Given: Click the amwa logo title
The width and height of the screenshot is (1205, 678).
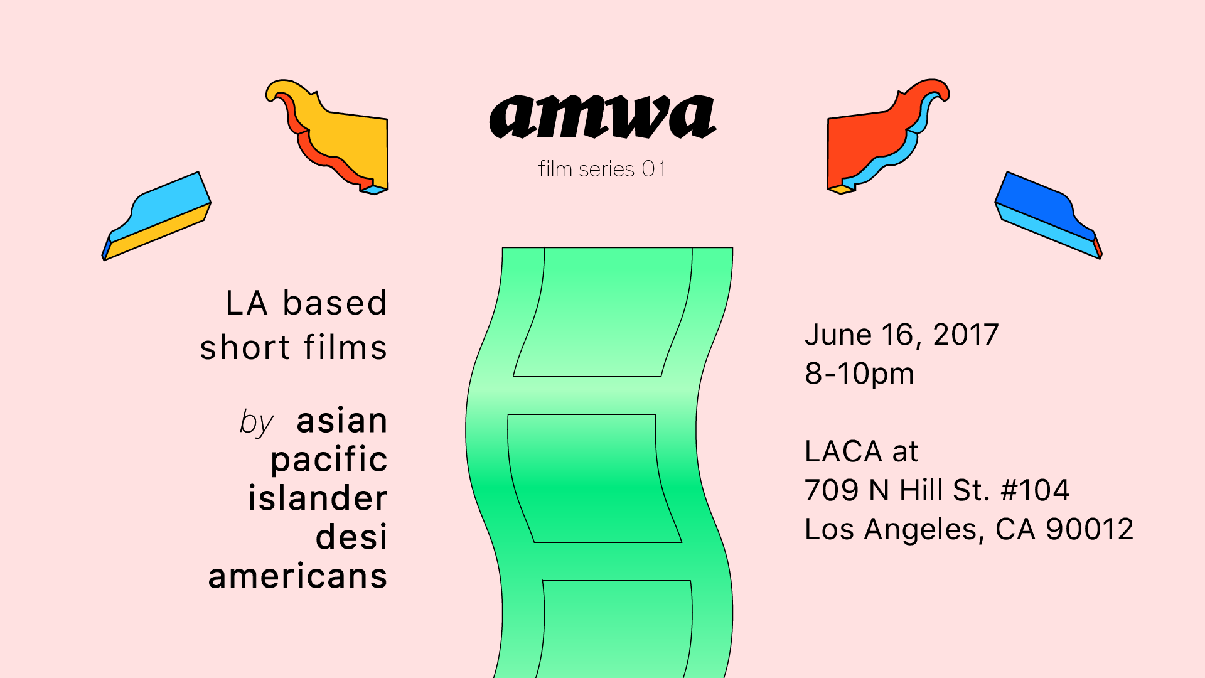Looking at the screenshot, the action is pos(602,117).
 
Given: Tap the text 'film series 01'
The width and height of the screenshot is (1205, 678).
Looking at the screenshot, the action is pos(602,169).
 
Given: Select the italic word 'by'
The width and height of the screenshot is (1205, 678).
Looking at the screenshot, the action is pos(256,422).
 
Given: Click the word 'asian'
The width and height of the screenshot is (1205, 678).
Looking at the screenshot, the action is pos(341,420).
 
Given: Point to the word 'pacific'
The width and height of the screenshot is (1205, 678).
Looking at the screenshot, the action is pos(329,460).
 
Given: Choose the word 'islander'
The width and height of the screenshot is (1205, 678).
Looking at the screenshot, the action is pos(318,498).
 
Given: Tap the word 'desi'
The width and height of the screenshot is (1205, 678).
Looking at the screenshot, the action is pos(351,537).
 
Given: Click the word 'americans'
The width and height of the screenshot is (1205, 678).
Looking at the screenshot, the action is pos(297,576).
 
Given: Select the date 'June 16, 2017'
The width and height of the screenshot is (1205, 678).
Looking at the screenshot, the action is pos(901,335).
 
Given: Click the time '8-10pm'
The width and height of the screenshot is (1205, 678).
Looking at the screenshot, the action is pos(859,374).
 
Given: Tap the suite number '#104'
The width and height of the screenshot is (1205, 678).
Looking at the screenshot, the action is pos(1035,490).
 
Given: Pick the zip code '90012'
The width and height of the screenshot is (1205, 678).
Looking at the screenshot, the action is pos(1090,529).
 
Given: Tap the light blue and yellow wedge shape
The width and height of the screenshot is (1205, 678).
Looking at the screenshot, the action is pos(156,216).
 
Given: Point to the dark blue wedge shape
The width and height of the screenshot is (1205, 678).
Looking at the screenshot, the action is pos(1049,215).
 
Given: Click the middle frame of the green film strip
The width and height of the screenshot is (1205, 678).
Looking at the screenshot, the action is pos(594,478).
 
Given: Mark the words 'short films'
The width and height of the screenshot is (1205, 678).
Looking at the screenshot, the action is pos(293,347).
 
